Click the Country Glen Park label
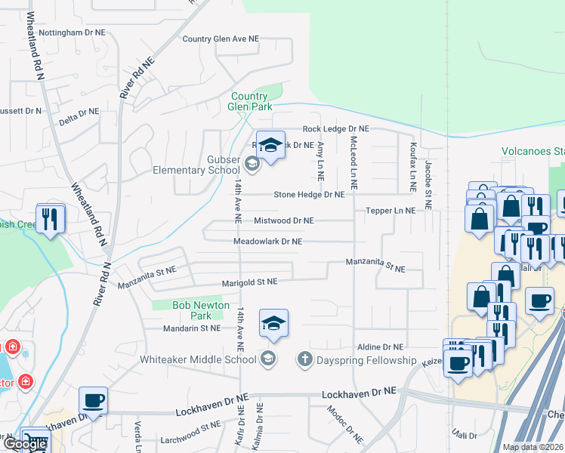(250, 101)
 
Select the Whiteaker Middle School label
(198, 359)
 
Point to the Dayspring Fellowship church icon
(304, 359)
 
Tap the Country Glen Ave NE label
(221, 39)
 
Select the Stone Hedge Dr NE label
(309, 194)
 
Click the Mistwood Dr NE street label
(283, 220)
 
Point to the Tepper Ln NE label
(391, 211)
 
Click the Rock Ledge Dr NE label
(335, 129)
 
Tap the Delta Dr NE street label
(79, 112)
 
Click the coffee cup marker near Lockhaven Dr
(93, 399)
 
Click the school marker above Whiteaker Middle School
(273, 322)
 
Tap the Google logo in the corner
(24, 444)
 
